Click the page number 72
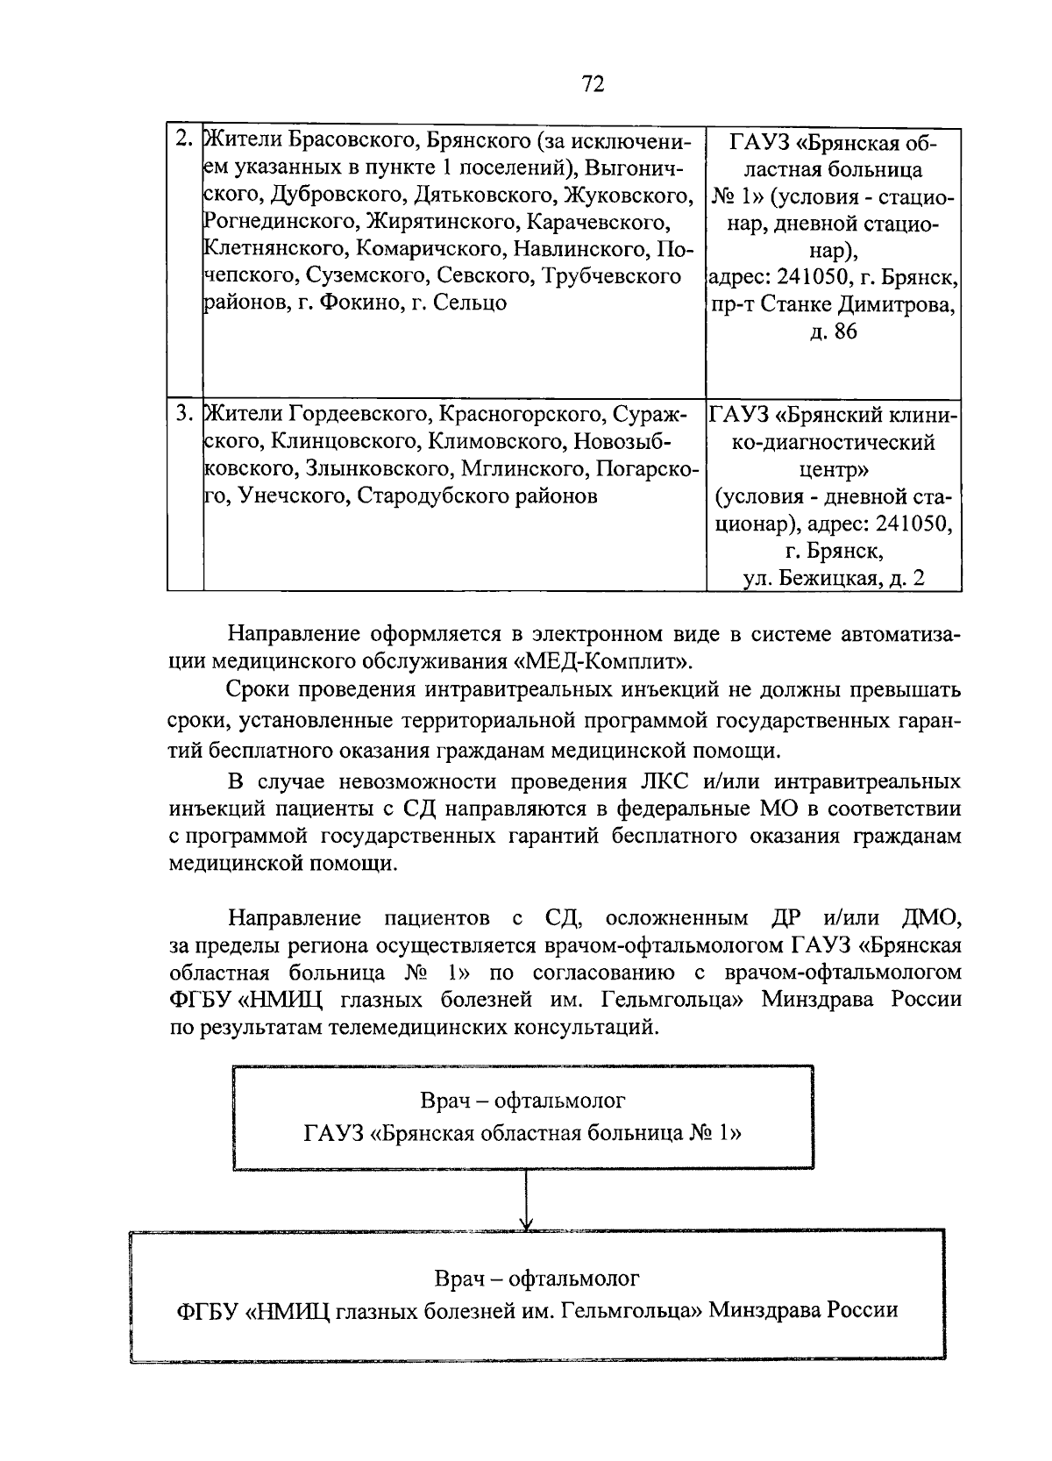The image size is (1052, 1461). click(x=594, y=84)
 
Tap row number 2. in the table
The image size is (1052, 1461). click(x=184, y=140)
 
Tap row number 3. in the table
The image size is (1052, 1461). click(x=184, y=413)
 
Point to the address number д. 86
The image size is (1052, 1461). click(x=833, y=331)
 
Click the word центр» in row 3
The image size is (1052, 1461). click(x=833, y=469)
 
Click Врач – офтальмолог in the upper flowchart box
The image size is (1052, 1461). click(x=523, y=1100)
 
